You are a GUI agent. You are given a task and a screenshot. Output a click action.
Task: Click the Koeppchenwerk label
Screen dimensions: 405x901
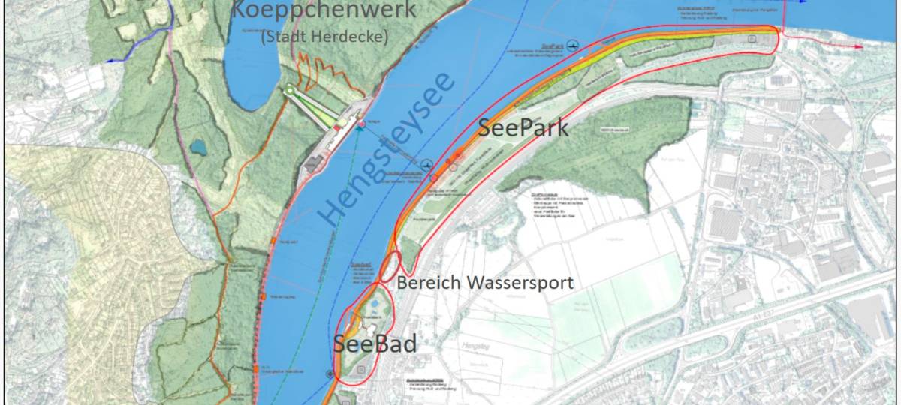312,10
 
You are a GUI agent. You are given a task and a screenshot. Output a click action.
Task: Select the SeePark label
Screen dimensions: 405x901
523,128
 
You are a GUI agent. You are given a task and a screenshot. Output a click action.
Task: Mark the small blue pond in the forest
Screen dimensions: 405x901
198,147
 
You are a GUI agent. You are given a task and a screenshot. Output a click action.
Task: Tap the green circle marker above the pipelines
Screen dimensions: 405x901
289,91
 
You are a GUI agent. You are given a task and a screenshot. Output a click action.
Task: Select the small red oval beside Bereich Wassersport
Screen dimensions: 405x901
390,265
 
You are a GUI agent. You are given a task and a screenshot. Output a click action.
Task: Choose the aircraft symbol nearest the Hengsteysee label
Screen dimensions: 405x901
427,165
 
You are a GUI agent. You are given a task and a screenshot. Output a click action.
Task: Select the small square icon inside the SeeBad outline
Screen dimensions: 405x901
361,369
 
